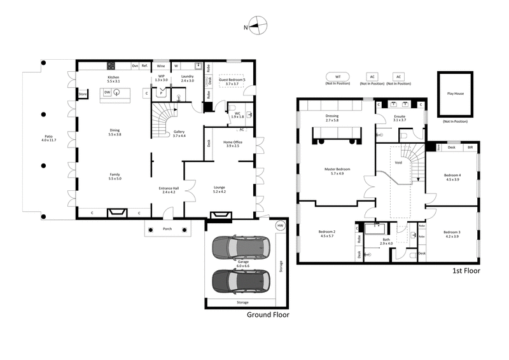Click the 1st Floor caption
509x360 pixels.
click(x=465, y=271)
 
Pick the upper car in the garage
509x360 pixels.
click(x=241, y=247)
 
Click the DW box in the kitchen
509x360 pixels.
click(x=108, y=92)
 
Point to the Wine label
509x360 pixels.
click(x=162, y=66)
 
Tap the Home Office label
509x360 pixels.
click(x=232, y=142)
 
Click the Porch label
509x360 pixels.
click(x=167, y=228)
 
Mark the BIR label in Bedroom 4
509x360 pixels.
click(x=470, y=148)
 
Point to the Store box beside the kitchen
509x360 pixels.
click(x=82, y=95)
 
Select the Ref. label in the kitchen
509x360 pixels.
click(x=144, y=66)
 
